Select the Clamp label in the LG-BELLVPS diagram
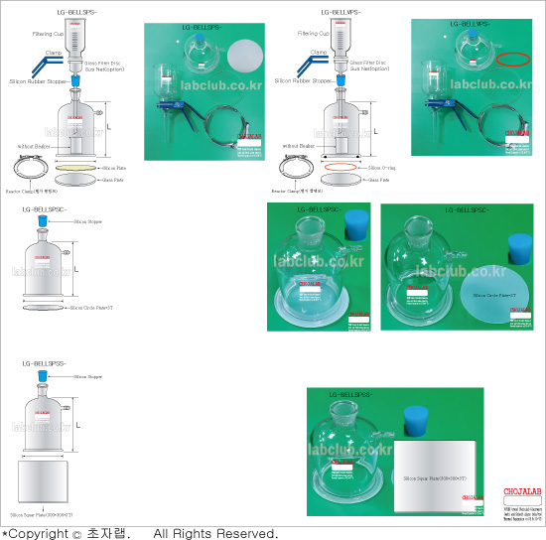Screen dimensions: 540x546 [319, 52]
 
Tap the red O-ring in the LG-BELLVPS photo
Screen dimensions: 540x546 [515, 59]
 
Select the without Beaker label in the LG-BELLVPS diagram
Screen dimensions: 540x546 [304, 146]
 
